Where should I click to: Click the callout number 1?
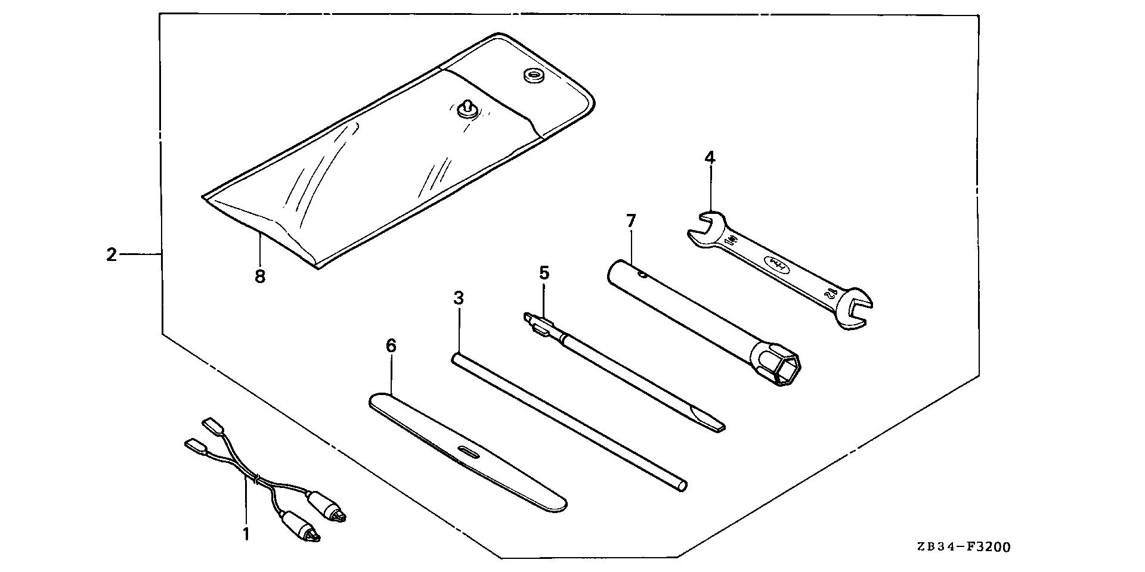(246, 534)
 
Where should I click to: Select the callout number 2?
(112, 255)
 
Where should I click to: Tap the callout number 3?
(458, 299)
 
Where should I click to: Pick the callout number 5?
(544, 273)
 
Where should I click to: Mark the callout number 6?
(391, 346)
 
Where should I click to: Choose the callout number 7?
(631, 221)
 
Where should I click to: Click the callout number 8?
(260, 277)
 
